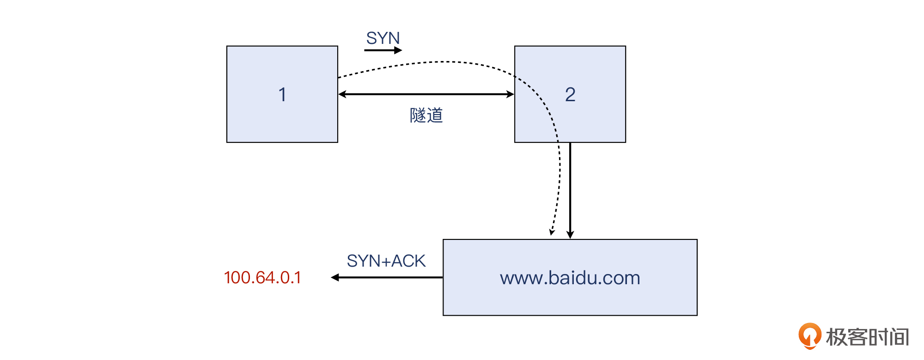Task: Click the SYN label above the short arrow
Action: (383, 38)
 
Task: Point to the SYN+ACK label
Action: (386, 261)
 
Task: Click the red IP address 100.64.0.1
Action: (262, 278)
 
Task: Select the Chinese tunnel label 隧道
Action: (426, 116)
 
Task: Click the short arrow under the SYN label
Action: (383, 50)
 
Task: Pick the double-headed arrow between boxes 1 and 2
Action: (426, 94)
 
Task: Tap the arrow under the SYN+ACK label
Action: (388, 277)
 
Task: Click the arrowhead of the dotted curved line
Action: (552, 232)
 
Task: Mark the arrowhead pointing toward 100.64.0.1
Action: (335, 277)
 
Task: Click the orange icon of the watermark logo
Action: (809, 336)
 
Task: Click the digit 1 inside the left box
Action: (282, 95)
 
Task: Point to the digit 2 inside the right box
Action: (570, 95)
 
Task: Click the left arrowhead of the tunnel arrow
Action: (342, 94)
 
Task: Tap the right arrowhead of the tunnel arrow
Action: (511, 94)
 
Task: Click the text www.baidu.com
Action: (570, 278)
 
